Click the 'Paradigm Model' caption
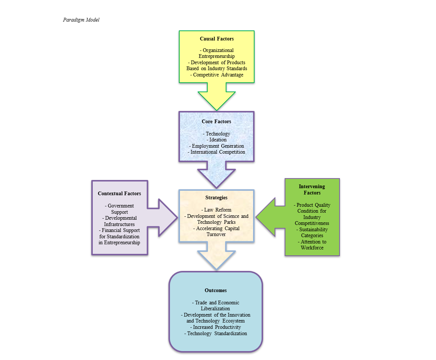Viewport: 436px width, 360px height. (81, 20)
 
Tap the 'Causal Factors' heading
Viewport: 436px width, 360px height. (217, 39)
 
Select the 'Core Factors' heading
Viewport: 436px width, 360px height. (216, 121)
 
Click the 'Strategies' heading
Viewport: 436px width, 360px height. (216, 197)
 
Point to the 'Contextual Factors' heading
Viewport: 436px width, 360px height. (119, 193)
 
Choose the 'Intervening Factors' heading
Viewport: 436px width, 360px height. (312, 189)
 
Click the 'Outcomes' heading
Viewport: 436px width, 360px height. (216, 290)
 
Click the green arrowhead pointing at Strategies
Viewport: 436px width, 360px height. (266, 217)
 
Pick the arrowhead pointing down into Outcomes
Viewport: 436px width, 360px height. (216, 259)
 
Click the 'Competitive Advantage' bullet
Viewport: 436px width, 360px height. (217, 75)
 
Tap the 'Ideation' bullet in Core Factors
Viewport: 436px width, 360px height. (217, 140)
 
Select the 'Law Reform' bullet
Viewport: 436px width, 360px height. (216, 210)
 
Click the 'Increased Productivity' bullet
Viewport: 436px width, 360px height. (216, 327)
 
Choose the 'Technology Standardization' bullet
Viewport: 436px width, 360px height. (216, 333)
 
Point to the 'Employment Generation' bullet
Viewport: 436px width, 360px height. (217, 146)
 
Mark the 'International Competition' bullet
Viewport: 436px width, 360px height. (217, 152)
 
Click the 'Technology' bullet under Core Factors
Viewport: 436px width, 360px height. (217, 134)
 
